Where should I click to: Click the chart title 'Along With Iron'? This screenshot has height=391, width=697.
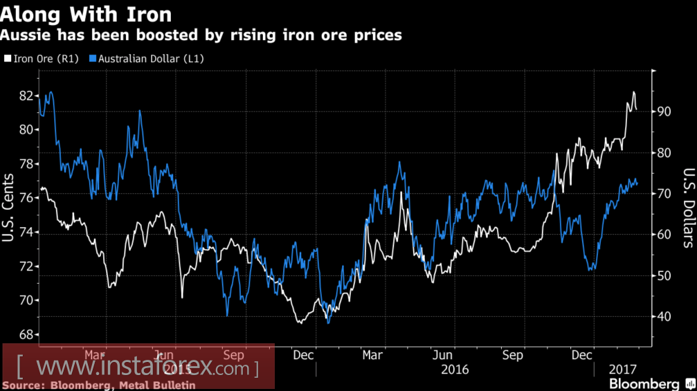[87, 13]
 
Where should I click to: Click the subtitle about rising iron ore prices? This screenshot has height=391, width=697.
[201, 35]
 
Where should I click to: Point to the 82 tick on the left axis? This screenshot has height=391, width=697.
[26, 96]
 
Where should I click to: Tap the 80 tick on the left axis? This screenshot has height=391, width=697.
[26, 129]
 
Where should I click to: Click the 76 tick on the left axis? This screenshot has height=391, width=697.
[26, 198]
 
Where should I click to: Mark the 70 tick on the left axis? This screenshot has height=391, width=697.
[26, 300]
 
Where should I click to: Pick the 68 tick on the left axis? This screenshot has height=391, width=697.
[26, 334]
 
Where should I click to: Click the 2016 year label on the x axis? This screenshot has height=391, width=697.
[455, 370]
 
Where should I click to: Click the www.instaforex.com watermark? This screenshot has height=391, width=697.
[138, 367]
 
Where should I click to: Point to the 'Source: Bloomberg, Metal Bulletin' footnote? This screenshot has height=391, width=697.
[98, 385]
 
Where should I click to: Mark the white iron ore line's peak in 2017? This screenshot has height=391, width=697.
[633, 92]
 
